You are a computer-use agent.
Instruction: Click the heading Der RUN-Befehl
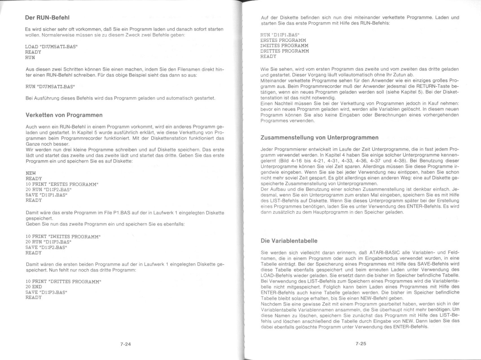click(47, 18)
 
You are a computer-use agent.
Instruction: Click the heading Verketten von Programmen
click(64, 115)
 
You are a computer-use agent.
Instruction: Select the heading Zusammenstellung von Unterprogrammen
click(319, 138)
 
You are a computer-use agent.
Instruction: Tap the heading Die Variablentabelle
click(289, 241)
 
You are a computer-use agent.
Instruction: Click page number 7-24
click(126, 344)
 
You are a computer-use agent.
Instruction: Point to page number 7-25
click(361, 344)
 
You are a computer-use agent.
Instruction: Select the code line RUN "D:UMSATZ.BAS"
click(50, 87)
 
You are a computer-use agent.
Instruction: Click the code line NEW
click(31, 173)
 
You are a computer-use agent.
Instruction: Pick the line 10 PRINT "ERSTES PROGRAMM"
click(62, 184)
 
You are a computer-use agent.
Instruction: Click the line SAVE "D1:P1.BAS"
click(47, 195)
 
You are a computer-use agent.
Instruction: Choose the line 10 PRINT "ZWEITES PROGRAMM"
click(63, 237)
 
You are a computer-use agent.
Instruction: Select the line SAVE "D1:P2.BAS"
click(47, 247)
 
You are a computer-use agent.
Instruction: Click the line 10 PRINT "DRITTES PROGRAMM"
click(63, 282)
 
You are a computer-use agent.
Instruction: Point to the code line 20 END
click(34, 287)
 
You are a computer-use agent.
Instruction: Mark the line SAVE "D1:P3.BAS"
click(47, 292)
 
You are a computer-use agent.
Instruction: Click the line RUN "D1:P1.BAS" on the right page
click(280, 35)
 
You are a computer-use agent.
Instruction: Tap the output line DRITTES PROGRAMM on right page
click(284, 51)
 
